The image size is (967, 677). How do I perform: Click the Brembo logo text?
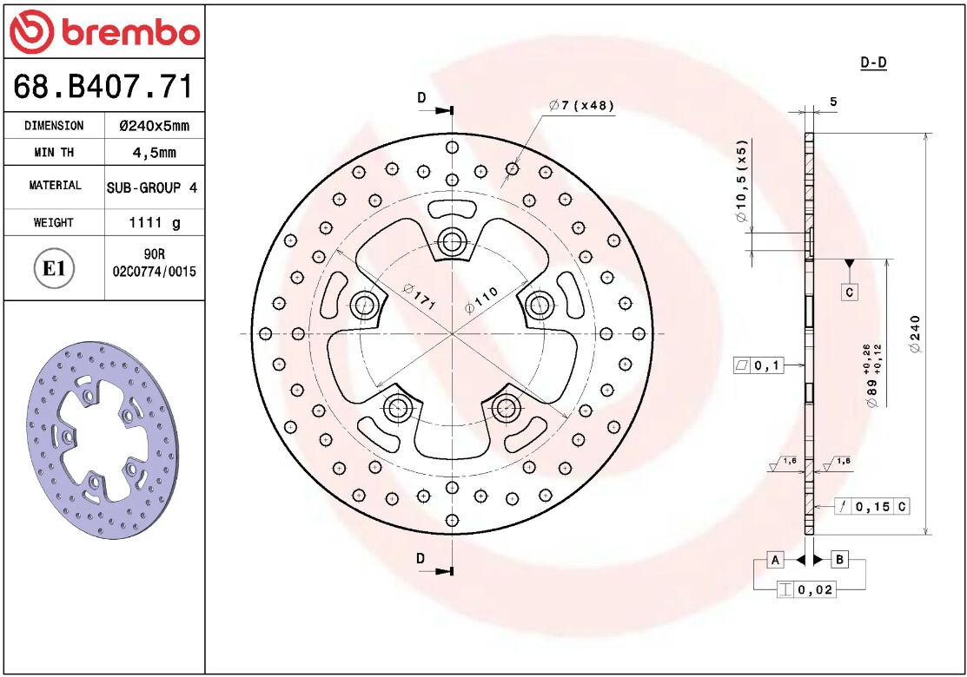[130, 32]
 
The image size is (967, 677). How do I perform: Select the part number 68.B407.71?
[103, 86]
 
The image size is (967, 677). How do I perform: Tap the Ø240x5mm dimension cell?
[154, 126]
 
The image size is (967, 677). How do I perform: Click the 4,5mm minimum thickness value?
[154, 152]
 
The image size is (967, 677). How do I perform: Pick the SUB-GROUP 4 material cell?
[152, 187]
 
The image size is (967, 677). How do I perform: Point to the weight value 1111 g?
[154, 222]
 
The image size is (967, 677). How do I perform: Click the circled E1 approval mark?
[54, 268]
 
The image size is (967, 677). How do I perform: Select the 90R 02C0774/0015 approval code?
[154, 263]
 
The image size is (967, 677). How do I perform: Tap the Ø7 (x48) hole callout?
[581, 105]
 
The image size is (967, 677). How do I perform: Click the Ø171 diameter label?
[420, 296]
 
